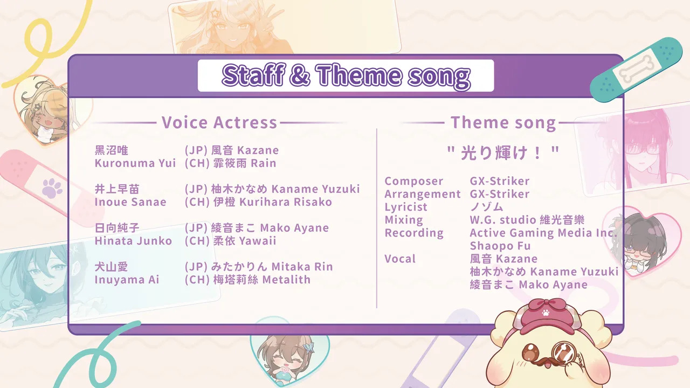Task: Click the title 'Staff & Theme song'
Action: pos(346,76)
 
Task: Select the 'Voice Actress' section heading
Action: pos(219,122)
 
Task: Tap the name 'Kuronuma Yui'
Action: pos(135,163)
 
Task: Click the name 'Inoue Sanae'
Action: pos(130,202)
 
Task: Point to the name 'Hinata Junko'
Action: pos(133,241)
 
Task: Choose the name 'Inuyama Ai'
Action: pos(127,280)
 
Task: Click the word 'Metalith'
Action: pos(286,280)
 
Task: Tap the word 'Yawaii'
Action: pos(258,241)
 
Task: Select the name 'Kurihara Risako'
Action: pos(286,202)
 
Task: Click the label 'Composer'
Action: pos(414,181)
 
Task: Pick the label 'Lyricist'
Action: pos(406,207)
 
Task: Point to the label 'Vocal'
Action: pos(400,259)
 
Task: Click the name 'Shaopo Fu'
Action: pos(500,246)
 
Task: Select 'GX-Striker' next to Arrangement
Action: pos(500,194)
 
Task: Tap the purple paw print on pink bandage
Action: pos(52,188)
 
